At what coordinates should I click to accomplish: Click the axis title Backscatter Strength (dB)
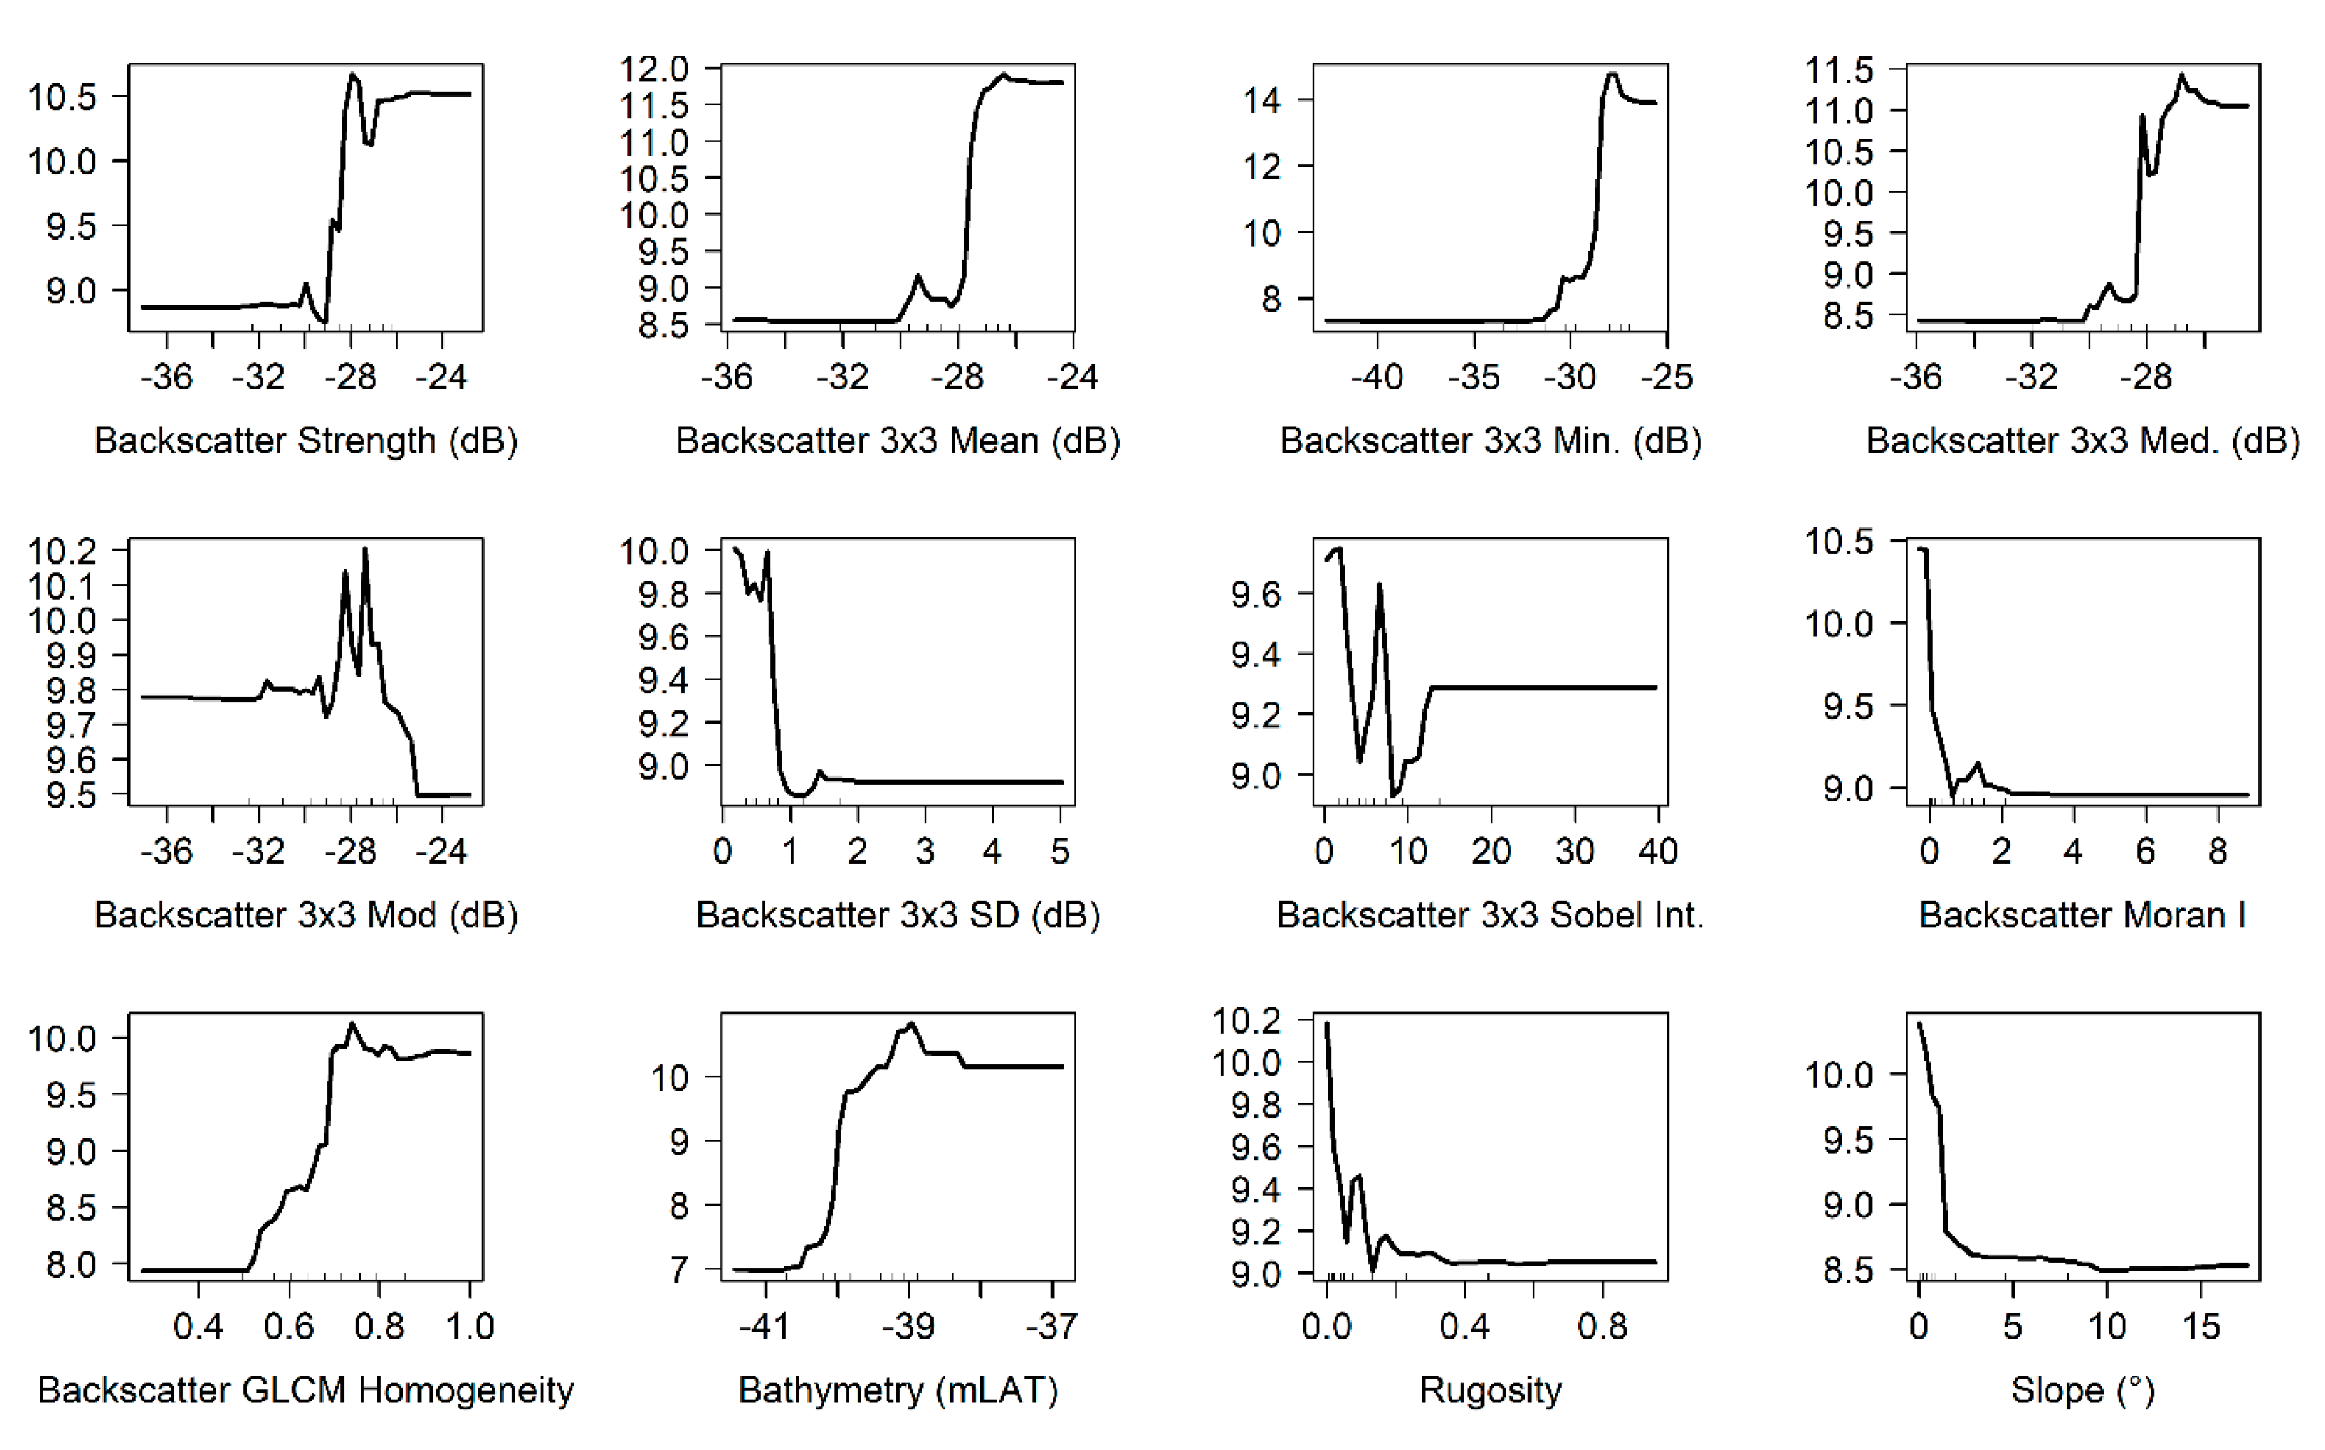(306, 441)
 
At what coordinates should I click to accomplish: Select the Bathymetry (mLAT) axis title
(898, 1390)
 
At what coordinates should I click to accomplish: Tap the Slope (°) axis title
(2083, 1390)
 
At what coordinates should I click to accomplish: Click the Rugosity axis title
(1490, 1390)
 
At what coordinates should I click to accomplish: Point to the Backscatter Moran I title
(2083, 915)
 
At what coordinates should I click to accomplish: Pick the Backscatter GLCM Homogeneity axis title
(306, 1390)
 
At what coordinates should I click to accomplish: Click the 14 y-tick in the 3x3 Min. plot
(1262, 99)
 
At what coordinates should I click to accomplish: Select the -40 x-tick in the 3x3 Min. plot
(1377, 377)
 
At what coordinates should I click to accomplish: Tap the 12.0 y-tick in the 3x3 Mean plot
(655, 69)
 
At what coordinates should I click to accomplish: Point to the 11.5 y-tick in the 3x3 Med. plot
(1838, 70)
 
